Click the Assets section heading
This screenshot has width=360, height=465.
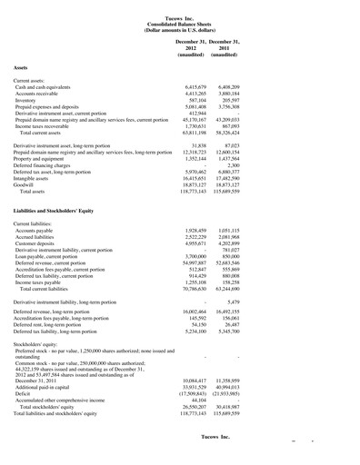point(25,68)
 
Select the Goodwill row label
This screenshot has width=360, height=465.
point(26,186)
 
